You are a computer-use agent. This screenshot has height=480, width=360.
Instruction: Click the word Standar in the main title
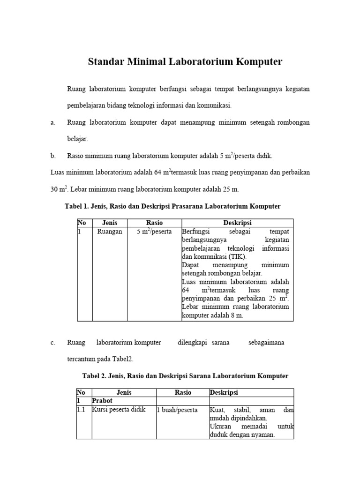pyautogui.click(x=106, y=62)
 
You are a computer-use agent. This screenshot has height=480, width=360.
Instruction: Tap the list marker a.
pyautogui.click(x=52, y=122)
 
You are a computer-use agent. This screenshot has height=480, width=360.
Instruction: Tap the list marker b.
pyautogui.click(x=52, y=156)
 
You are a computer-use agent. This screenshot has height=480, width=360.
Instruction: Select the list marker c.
pyautogui.click(x=52, y=343)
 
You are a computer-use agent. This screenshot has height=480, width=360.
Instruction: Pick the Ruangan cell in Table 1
pyautogui.click(x=109, y=232)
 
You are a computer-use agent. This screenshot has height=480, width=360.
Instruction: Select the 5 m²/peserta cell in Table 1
pyautogui.click(x=154, y=232)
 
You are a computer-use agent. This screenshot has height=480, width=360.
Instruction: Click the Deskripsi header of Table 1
pyautogui.click(x=237, y=223)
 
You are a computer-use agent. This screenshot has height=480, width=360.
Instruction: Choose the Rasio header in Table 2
pyautogui.click(x=183, y=393)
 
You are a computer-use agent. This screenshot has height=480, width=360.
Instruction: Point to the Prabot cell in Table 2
pyautogui.click(x=102, y=401)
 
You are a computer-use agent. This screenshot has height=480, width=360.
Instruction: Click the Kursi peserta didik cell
pyautogui.click(x=119, y=410)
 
